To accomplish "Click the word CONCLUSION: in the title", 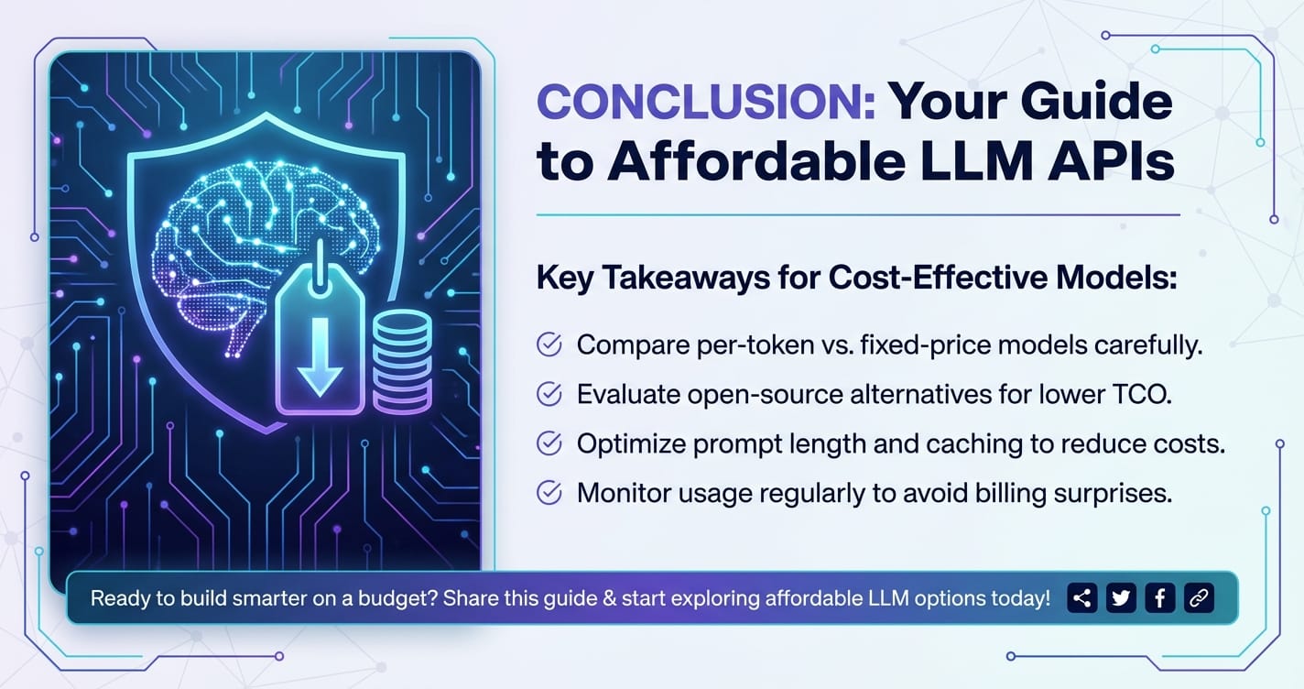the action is point(706,102).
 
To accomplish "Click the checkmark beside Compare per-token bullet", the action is point(549,344).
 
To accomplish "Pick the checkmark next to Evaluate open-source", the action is point(549,394).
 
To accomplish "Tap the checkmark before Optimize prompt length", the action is point(549,443).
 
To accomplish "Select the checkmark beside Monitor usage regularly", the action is point(549,493).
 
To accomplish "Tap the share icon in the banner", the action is point(1082,598).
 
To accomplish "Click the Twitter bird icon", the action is point(1121,598).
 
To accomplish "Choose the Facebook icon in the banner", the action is point(1159,598).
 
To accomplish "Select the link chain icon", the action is point(1199,598).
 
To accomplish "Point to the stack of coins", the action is point(402,362).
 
